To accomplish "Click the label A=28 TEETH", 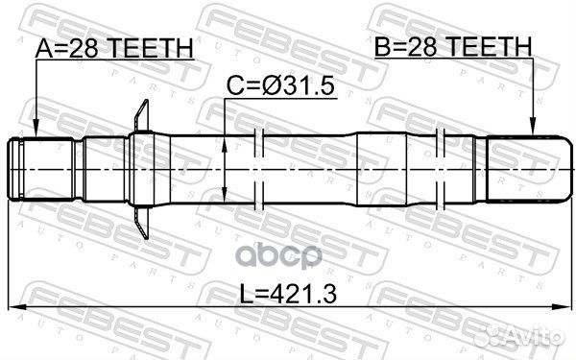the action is (114, 48).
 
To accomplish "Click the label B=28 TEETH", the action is (453, 47).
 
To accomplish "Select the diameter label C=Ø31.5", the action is (280, 86).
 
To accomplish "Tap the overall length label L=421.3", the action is (288, 294).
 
